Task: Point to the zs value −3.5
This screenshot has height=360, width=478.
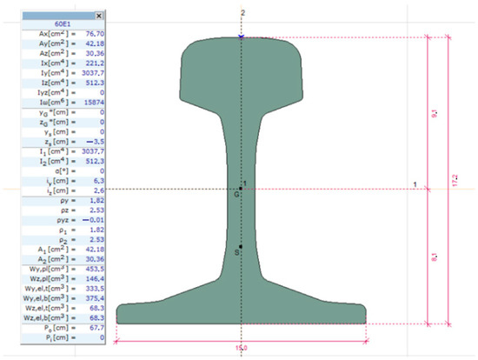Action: point(92,141)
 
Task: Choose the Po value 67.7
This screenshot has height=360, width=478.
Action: point(92,327)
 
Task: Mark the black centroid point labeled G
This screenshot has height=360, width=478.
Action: point(241,188)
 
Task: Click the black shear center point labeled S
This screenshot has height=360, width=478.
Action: point(241,248)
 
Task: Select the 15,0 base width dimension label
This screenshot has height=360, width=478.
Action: point(241,348)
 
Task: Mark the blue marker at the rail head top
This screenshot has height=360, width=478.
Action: point(241,37)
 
